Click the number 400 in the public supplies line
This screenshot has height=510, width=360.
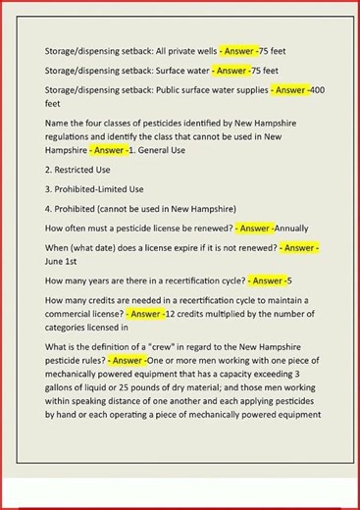(x=317, y=89)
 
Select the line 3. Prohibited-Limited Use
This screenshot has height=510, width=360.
(x=103, y=188)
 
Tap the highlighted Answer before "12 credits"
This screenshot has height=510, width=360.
(x=147, y=313)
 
